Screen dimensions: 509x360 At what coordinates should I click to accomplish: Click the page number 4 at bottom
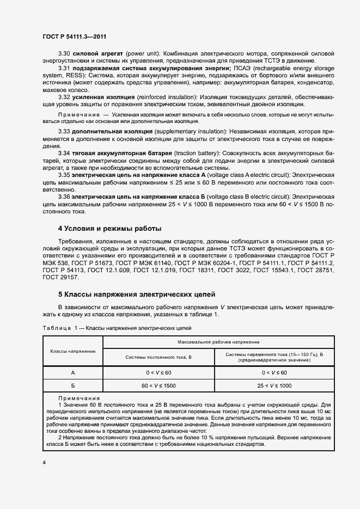tap(44, 462)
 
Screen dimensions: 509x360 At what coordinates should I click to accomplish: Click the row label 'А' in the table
tap(72, 372)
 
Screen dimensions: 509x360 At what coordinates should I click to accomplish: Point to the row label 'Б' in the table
tap(72, 385)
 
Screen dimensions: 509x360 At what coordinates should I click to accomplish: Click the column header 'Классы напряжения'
tap(72, 351)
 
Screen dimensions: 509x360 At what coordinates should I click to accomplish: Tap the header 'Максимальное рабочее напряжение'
tap(218, 341)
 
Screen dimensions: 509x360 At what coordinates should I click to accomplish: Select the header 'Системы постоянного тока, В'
tap(158, 357)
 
